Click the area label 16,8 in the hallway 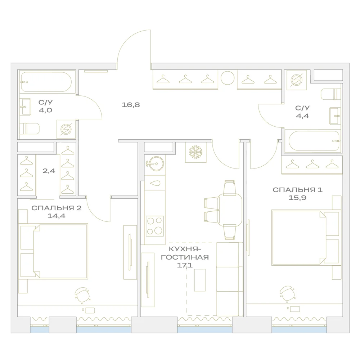[x=131, y=105]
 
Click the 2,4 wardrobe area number [x=49, y=171]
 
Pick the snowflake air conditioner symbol [x=195, y=152]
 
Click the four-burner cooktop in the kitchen [x=155, y=226]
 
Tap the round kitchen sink [x=155, y=164]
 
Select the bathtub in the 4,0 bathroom [x=46, y=82]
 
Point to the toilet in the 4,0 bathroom [x=30, y=129]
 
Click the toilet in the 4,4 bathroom [x=330, y=94]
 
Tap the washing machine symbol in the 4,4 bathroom [x=297, y=80]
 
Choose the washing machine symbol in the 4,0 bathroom [x=66, y=129]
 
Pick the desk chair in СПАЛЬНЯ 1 [x=287, y=294]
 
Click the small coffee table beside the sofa [x=200, y=280]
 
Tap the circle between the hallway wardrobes [x=228, y=78]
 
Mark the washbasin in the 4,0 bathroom [x=25, y=107]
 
